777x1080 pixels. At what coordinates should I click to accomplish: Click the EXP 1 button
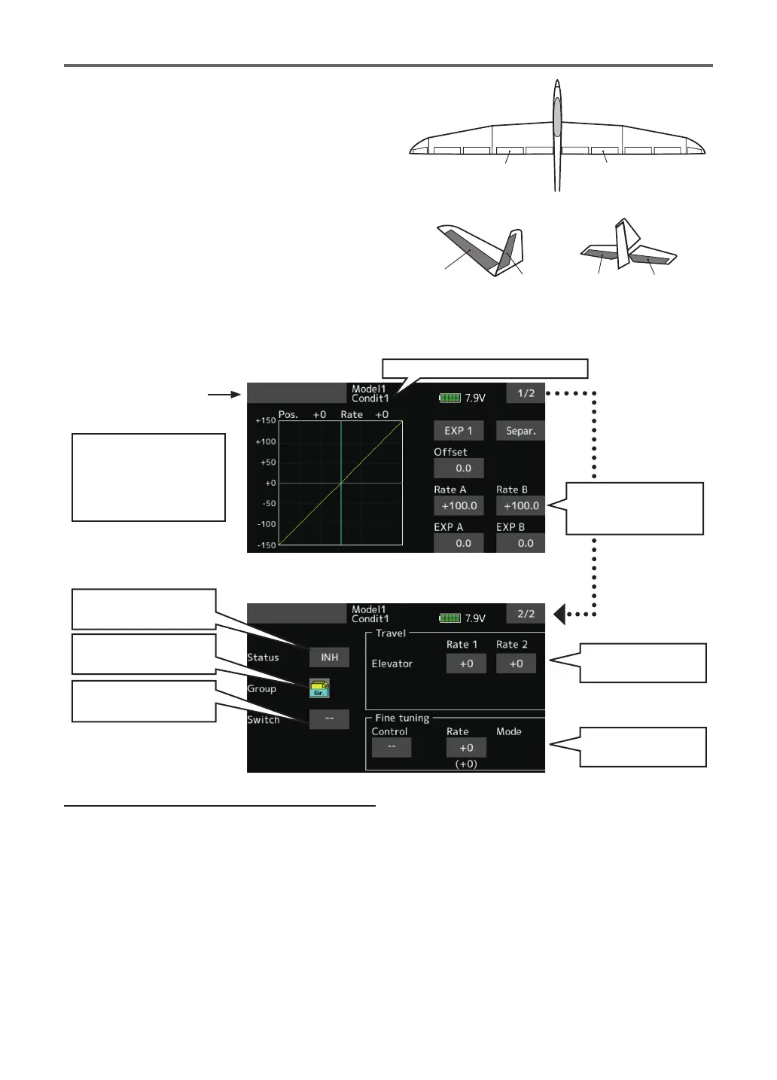[x=458, y=431]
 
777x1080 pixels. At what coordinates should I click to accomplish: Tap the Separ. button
[x=520, y=431]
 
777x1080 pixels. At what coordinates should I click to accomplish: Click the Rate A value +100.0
[x=459, y=506]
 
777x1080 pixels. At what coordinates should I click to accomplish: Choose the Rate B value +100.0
[x=521, y=506]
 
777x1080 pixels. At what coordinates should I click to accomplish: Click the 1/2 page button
[x=526, y=393]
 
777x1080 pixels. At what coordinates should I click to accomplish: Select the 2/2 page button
[x=526, y=614]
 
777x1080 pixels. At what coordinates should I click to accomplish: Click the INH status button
[x=329, y=657]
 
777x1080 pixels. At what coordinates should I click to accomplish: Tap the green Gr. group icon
[x=319, y=688]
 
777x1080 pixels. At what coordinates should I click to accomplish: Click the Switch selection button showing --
[x=329, y=719]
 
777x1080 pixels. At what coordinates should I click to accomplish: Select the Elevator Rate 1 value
[x=466, y=664]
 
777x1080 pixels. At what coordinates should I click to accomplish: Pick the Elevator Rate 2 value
[x=516, y=664]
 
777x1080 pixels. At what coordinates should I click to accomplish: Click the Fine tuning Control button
[x=392, y=747]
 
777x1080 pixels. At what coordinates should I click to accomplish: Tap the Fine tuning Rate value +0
[x=466, y=748]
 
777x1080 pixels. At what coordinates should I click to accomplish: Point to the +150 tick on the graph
[x=266, y=421]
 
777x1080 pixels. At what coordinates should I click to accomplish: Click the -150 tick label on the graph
[x=266, y=545]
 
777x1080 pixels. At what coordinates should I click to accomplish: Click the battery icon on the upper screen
[x=449, y=397]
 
